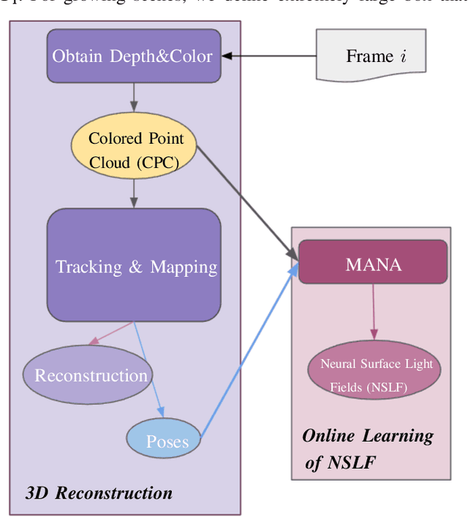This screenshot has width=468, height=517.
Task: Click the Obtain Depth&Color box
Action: [x=134, y=55]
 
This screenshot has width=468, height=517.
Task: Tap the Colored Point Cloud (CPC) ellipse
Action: [x=133, y=149]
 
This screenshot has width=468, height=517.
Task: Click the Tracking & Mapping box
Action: [x=134, y=265]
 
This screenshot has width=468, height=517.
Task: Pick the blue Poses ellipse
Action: [x=167, y=440]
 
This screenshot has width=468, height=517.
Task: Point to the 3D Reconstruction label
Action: [x=99, y=492]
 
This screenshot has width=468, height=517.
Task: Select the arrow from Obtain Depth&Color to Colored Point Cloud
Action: [x=134, y=97]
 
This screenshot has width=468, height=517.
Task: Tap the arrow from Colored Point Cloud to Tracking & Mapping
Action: [x=134, y=194]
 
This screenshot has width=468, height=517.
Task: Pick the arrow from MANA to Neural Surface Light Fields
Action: [x=374, y=310]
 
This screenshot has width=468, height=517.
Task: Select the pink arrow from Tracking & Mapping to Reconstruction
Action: [x=110, y=334]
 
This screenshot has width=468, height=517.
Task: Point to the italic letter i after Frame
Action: [x=404, y=56]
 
